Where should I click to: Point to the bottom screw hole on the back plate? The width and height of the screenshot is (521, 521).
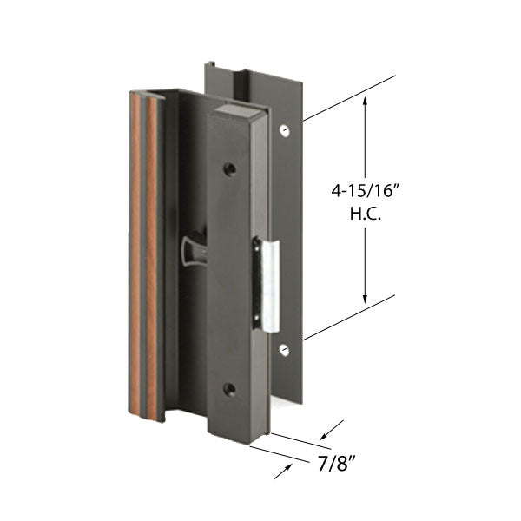point(284,350)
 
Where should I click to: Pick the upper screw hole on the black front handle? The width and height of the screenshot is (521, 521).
point(229,168)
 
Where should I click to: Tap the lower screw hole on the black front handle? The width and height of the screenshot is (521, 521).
point(229,390)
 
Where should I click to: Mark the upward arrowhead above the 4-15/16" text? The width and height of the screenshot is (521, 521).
point(366,102)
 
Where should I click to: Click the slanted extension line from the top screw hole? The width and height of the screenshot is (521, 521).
point(347,98)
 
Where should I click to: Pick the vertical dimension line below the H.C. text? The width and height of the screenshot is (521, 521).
point(366,260)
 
